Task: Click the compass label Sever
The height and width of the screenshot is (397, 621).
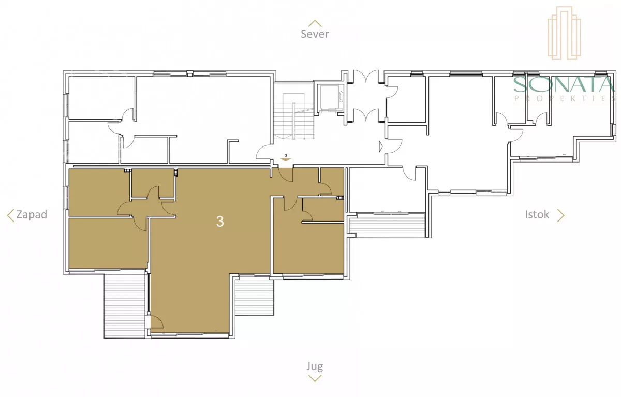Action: tap(315, 34)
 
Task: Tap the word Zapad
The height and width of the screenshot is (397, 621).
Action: tap(32, 214)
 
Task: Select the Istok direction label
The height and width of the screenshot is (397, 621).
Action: tap(537, 214)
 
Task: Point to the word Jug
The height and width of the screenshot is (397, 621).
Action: tap(315, 366)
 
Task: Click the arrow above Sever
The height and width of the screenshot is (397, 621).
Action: tap(315, 23)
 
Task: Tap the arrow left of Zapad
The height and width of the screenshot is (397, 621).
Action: tap(10, 215)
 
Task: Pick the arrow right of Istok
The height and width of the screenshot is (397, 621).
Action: tap(561, 215)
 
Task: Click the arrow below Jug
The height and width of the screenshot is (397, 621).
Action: tap(315, 378)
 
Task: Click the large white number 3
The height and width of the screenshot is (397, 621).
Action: tap(220, 222)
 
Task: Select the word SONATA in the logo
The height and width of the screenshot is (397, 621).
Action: tap(564, 84)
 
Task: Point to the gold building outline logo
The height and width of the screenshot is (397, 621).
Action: tap(564, 33)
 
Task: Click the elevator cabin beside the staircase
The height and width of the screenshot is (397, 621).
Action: tap(329, 98)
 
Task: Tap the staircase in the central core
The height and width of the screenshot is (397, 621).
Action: tap(294, 116)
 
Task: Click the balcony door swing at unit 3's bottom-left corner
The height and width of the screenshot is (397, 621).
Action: tap(157, 322)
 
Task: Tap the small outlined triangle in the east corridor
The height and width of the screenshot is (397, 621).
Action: tap(381, 146)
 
